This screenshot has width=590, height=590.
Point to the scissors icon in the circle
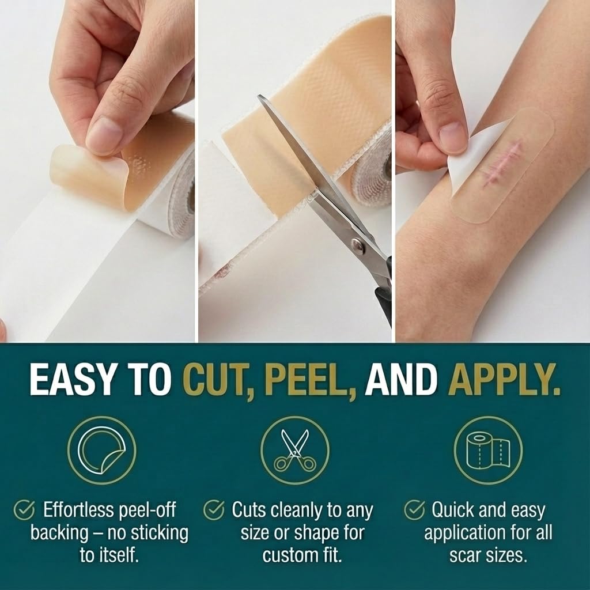point(295,451)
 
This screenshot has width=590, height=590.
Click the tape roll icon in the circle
point(488,451)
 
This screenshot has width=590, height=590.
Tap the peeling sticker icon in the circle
point(101,451)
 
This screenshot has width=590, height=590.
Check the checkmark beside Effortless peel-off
point(24,510)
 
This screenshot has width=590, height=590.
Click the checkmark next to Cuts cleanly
point(214,510)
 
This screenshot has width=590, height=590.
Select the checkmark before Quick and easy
point(414,510)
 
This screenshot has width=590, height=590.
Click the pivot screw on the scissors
point(357,244)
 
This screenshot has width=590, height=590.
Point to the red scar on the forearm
point(502,162)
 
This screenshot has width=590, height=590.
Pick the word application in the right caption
point(465,533)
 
